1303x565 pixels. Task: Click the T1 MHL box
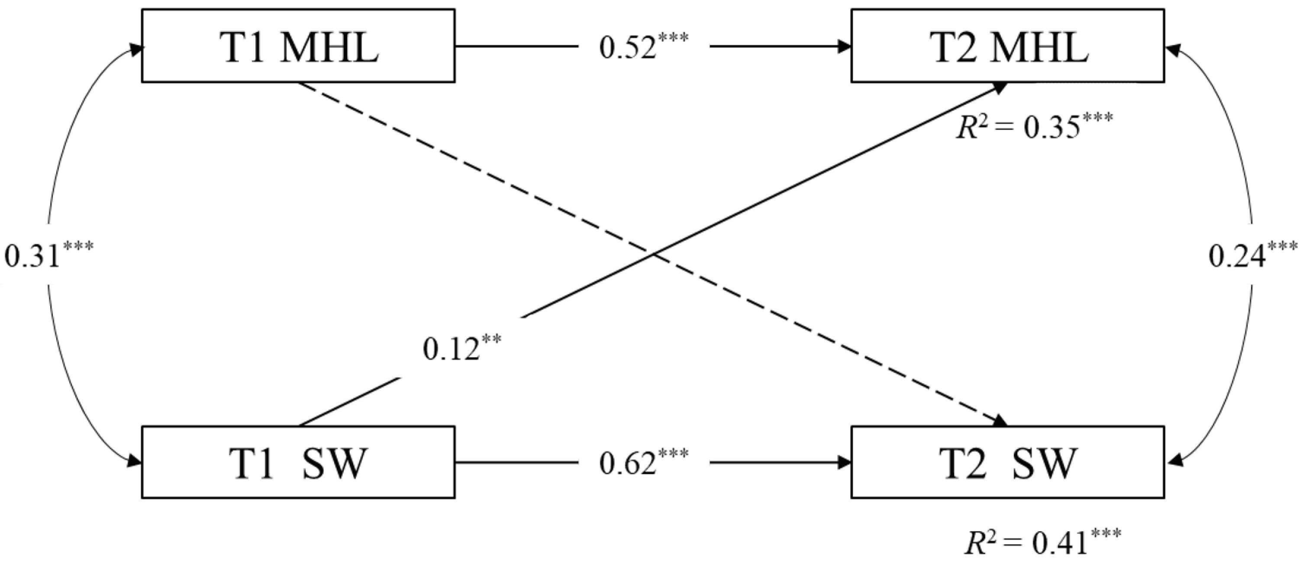tap(298, 46)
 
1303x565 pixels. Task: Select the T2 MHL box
tap(1008, 46)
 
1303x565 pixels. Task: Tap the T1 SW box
tap(298, 462)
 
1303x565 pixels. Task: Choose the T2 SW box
tap(1008, 462)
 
